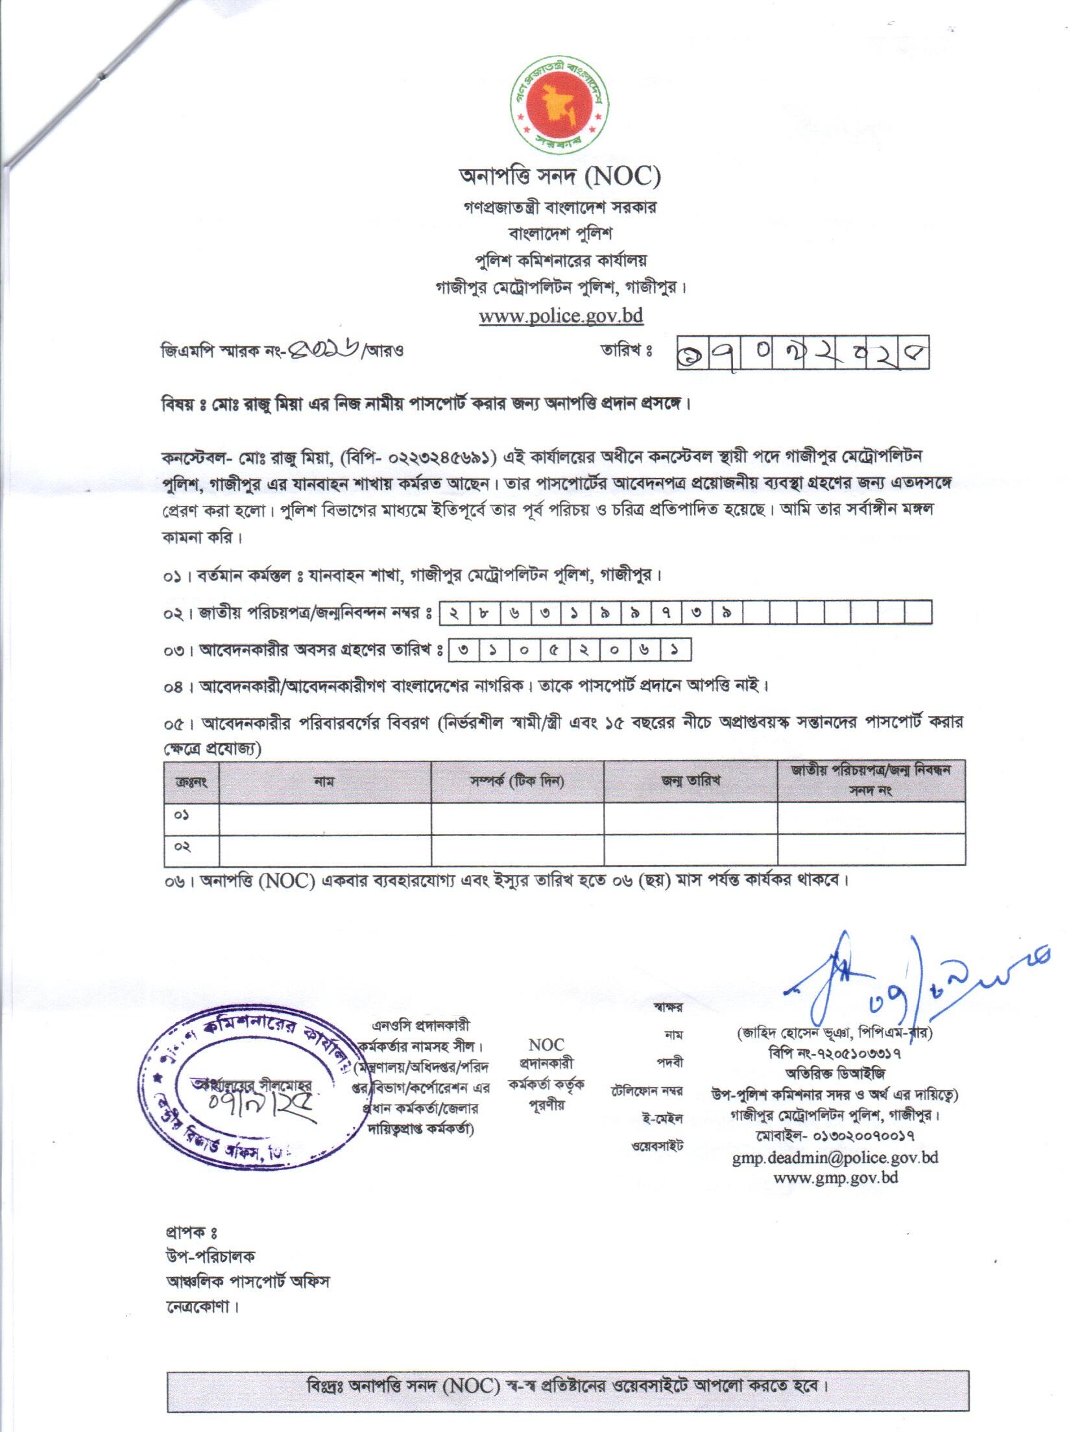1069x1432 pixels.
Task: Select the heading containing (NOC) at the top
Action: click(560, 176)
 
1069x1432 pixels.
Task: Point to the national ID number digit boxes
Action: click(686, 613)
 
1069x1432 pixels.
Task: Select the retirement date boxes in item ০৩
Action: click(569, 649)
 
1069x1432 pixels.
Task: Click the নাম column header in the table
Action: click(324, 781)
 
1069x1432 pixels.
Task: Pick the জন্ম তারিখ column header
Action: click(690, 781)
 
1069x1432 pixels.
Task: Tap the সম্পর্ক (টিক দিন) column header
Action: click(517, 781)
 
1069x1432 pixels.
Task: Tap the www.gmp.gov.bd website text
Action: click(835, 1177)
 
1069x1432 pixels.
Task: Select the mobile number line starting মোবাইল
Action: click(835, 1136)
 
